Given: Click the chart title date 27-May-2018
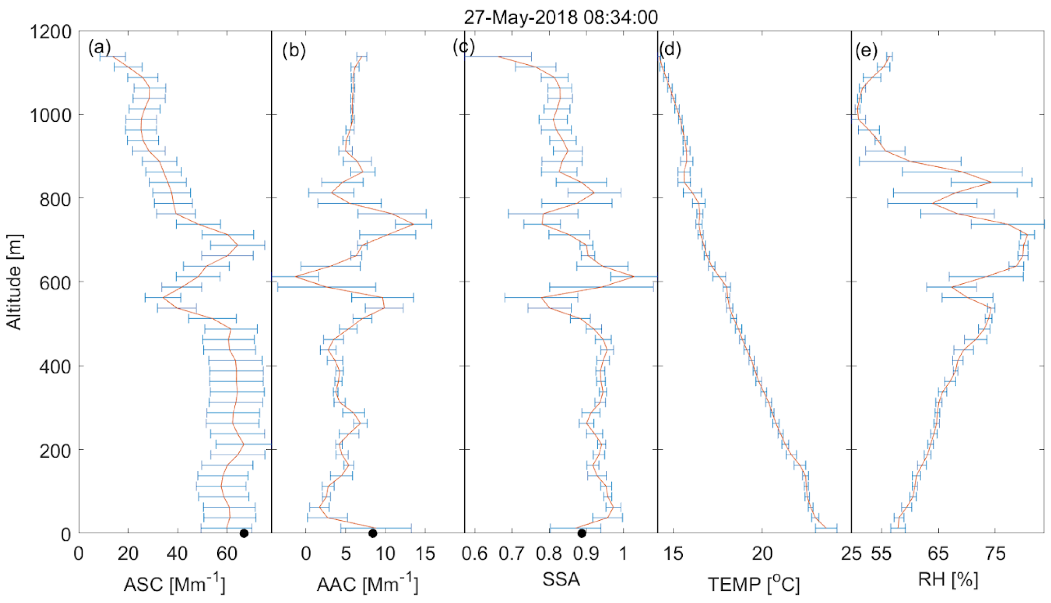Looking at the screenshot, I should coord(521,18).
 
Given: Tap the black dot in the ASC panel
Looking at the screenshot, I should coord(244,533).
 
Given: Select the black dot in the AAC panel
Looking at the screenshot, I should coord(373,533).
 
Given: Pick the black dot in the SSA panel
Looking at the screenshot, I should coord(581,533).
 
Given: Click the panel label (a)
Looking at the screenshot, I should coord(99,49).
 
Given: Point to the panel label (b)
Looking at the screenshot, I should coord(293,51).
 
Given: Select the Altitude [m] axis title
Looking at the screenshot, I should coord(14,282).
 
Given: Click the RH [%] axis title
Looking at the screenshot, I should coord(948,581).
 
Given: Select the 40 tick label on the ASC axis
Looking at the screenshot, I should coord(178,554).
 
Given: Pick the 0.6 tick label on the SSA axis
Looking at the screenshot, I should coord(475,554).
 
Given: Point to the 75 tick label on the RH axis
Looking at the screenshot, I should coord(995,554).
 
